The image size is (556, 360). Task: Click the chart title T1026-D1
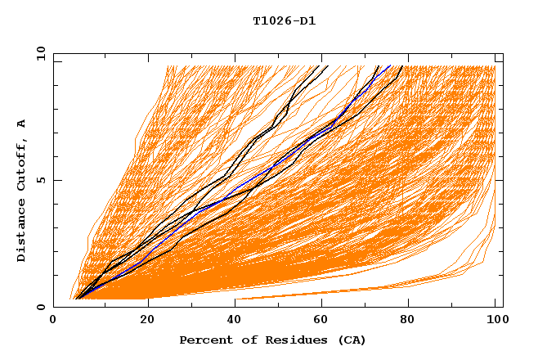pyautogui.click(x=284, y=21)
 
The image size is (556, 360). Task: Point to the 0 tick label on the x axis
pyautogui.click(x=53, y=321)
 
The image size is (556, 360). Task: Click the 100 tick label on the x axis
pyautogui.click(x=495, y=321)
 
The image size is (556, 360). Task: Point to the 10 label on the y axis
pyautogui.click(x=39, y=53)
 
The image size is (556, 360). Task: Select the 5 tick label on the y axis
pyautogui.click(x=43, y=180)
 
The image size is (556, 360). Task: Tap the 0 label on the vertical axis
pyautogui.click(x=43, y=307)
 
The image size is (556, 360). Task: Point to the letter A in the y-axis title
pyautogui.click(x=21, y=124)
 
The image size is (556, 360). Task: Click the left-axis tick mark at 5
pyautogui.click(x=56, y=180)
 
